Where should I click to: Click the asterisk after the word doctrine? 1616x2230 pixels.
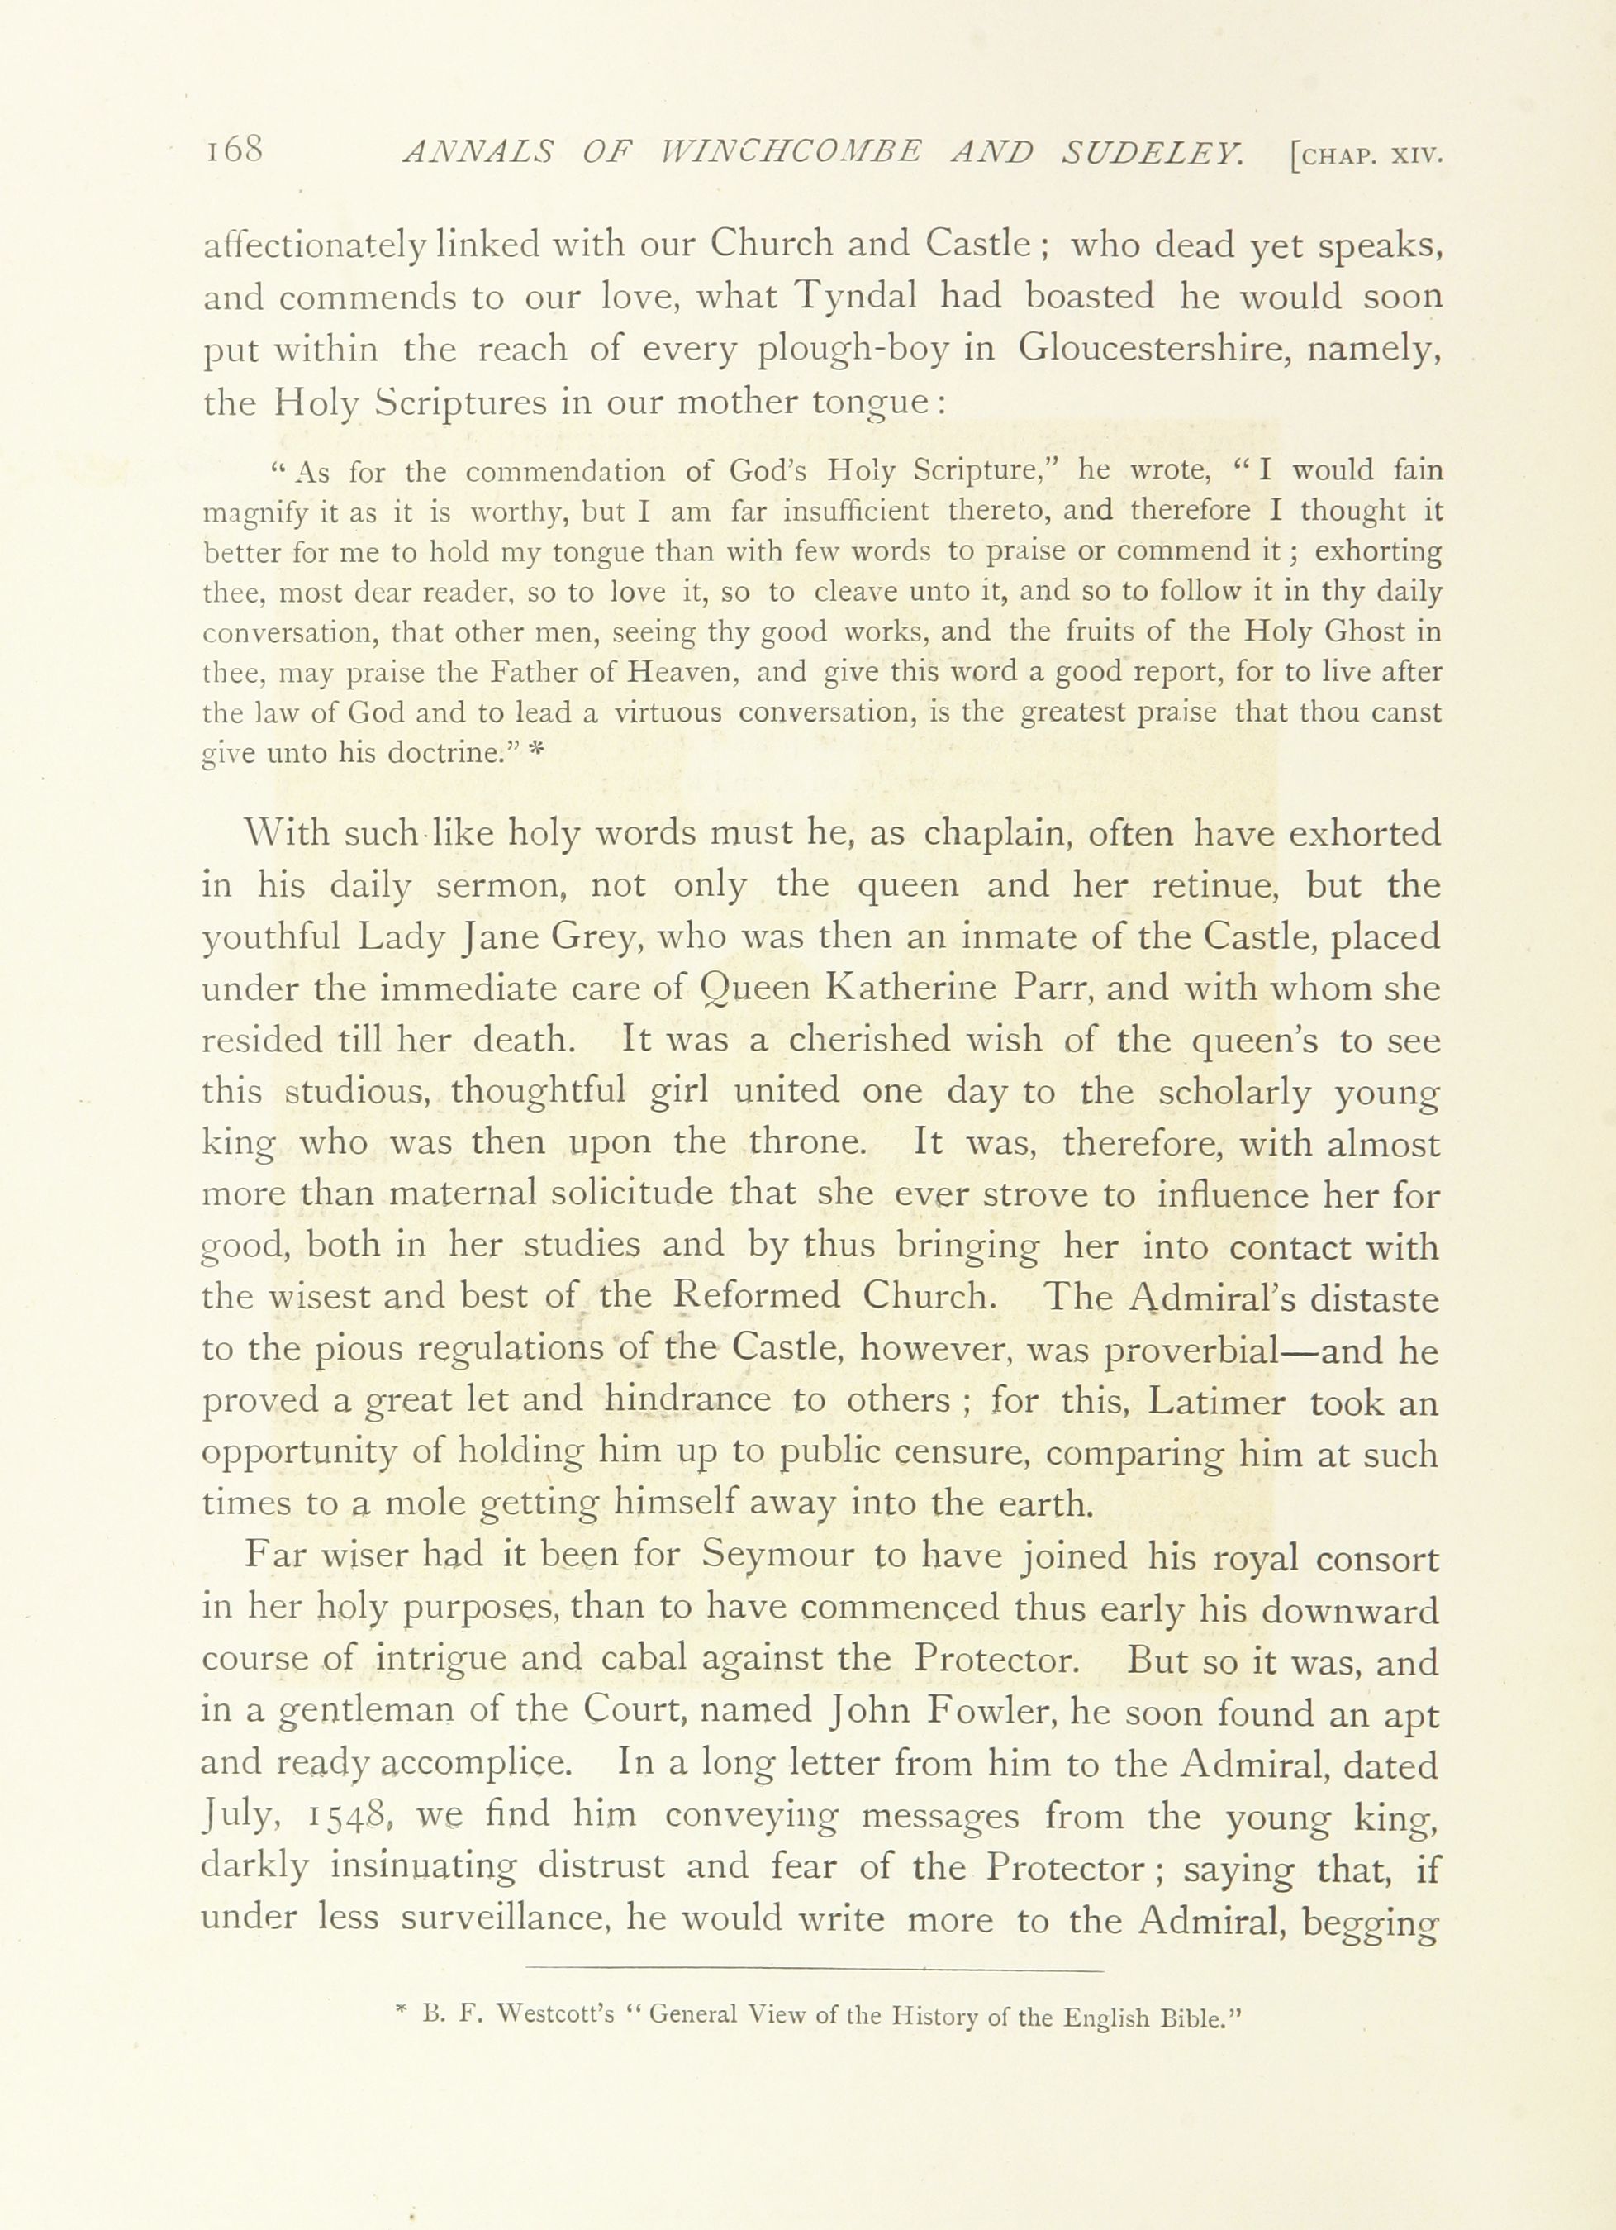click(535, 752)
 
